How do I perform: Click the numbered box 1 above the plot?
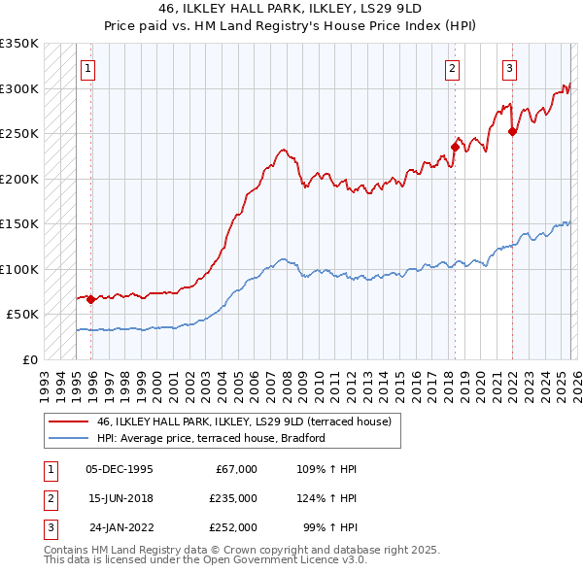(88, 68)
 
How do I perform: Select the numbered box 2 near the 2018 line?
(453, 68)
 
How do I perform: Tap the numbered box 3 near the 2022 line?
(509, 68)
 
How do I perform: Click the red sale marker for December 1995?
(90, 299)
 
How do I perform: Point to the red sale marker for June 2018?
(454, 148)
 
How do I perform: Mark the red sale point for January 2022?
(512, 132)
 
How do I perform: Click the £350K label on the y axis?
(19, 44)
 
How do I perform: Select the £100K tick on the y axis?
(19, 269)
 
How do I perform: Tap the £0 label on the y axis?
(29, 359)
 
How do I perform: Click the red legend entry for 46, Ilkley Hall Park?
(243, 421)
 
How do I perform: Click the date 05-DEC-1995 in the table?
(120, 469)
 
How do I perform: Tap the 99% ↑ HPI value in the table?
(325, 527)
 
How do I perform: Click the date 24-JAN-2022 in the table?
(120, 527)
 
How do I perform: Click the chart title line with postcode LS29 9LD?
(291, 8)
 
